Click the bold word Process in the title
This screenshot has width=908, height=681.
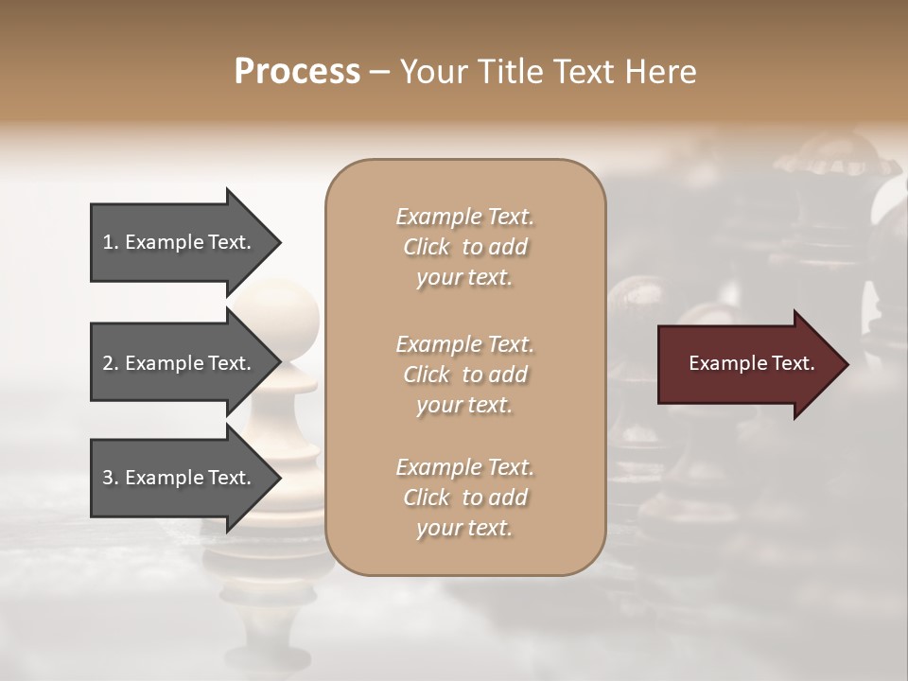point(297,72)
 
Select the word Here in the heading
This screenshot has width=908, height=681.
point(661,72)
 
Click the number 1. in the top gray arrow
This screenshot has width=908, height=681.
point(111,242)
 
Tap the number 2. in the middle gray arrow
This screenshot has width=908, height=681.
point(111,363)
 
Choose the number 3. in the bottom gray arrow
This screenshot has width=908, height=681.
point(111,478)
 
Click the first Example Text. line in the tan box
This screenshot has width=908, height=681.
point(464,217)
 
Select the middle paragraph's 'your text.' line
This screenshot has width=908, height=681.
point(464,405)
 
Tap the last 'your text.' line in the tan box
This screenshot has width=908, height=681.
point(464,528)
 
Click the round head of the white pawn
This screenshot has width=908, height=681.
point(291,315)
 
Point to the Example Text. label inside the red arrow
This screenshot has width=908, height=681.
point(751,363)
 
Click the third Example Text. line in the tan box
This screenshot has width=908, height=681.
point(464,467)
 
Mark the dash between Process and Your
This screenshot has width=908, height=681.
point(380,72)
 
